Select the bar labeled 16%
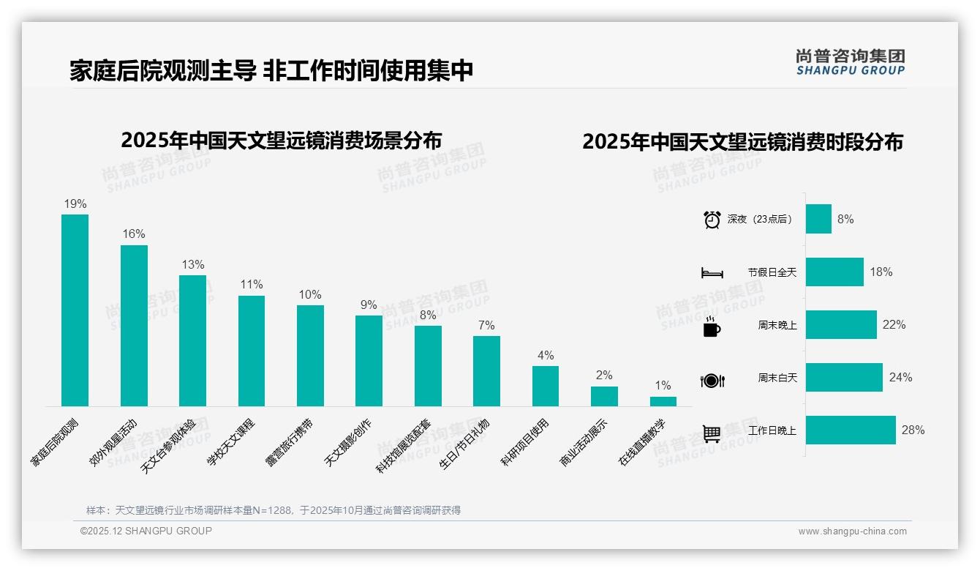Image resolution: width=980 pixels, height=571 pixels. pos(134,325)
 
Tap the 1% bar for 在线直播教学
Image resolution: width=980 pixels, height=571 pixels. pos(663,401)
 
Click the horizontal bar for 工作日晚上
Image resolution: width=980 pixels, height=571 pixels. pos(851,430)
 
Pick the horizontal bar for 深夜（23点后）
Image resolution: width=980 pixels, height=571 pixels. pos(818,219)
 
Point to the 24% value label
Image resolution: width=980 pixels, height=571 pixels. pos(900,377)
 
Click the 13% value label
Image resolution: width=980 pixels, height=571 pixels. pos(193,264)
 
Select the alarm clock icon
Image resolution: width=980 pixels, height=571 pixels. pos(712,220)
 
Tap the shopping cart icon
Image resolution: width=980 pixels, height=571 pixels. pos(712,433)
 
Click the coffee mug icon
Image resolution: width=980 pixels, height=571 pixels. pos(712,326)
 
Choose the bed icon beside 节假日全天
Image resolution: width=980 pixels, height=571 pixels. pos(712,273)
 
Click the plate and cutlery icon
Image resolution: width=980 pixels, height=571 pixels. pos(712,380)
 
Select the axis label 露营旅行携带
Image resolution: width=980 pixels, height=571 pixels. pos(289,443)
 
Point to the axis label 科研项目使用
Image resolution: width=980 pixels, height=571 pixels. pos(524,443)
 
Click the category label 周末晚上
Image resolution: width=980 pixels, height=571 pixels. pos(777,325)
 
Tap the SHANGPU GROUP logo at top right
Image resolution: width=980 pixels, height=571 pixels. pos(850,62)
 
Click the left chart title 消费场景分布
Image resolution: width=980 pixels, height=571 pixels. pos(282,140)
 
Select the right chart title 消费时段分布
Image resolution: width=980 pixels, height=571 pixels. pos(742,141)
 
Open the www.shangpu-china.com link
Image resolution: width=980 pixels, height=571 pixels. pos(852,531)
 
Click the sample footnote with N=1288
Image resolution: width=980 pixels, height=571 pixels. pos(274,510)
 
